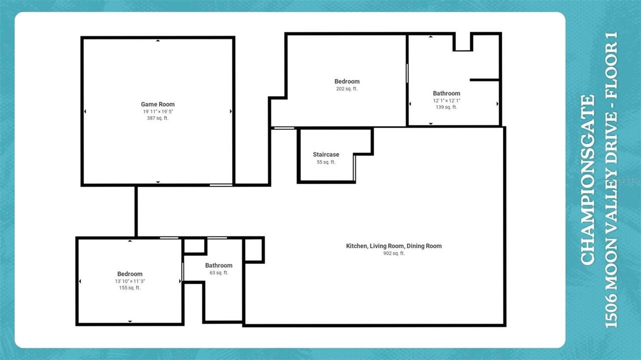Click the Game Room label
click(158, 105)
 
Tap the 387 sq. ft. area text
click(158, 118)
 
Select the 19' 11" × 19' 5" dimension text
click(158, 112)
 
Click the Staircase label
click(326, 155)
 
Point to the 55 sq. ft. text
click(326, 162)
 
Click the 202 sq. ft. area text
click(347, 89)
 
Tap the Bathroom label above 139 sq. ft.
click(446, 94)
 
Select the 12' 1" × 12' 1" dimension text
click(446, 101)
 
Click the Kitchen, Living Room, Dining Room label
click(394, 246)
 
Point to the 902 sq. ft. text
click(394, 253)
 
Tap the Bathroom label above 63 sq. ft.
click(219, 265)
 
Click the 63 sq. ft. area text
click(219, 273)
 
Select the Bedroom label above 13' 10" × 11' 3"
click(130, 274)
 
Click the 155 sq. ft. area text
click(130, 288)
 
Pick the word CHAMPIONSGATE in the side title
click(587, 179)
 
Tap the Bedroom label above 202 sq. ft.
click(347, 82)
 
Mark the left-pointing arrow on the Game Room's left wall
click(85, 111)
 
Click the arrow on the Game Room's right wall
click(231, 111)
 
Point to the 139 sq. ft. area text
click(446, 107)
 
